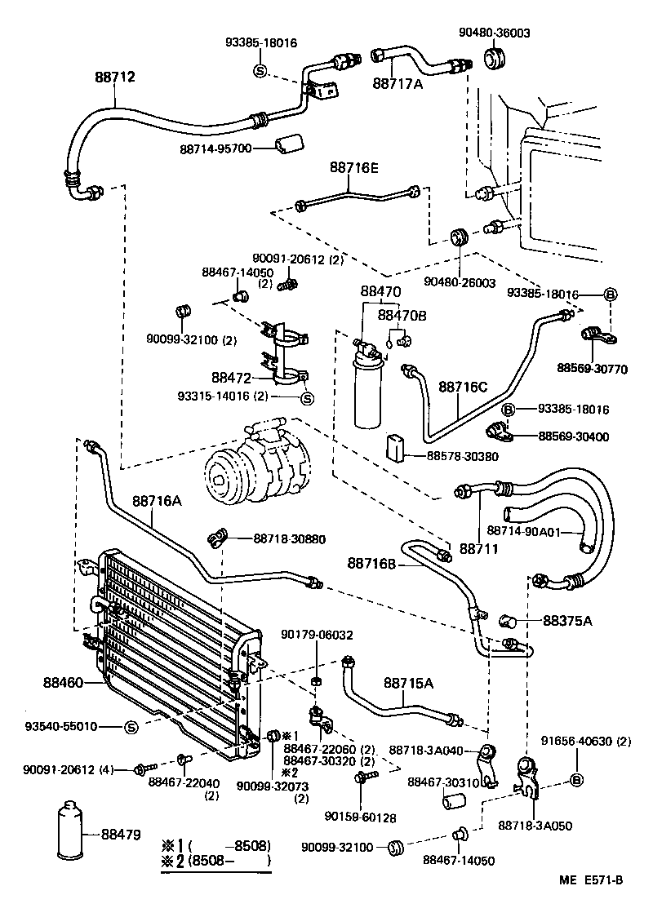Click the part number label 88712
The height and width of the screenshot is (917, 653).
point(114,77)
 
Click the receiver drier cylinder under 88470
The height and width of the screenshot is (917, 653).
point(368,392)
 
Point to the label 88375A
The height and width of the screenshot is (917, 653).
point(567,621)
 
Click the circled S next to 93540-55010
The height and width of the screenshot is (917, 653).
point(131,726)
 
